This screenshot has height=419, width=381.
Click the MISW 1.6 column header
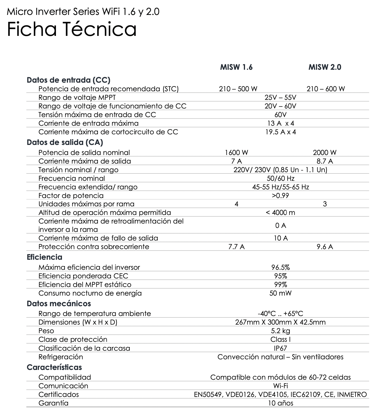pos(236,67)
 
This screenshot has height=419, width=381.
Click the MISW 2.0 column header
pos(325,67)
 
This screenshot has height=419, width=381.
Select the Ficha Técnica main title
pos(71,29)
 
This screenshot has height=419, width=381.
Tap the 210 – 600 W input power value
pos(326,89)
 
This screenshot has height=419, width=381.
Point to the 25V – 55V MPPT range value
pos(280,98)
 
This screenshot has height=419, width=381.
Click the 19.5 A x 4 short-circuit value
pos(280,132)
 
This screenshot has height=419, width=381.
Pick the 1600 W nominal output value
pos(236,153)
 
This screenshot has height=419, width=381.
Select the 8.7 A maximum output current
pos(325,161)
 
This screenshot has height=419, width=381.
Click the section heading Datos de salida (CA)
pos(65,142)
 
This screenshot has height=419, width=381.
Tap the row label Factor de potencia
pos(71,196)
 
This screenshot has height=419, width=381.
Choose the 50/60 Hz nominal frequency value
pos(280,179)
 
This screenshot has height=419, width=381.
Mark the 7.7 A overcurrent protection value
pos(236,247)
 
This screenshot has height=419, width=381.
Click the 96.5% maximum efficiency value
pos(280,267)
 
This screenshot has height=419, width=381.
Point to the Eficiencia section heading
pos(44,257)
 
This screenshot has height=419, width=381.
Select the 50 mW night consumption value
pos(280,293)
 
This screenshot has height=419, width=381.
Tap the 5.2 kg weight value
pos(280,331)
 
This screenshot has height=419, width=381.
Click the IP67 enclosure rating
pos(280,348)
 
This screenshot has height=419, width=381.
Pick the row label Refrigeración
pos(61,357)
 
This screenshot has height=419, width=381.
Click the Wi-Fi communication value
pos(280,386)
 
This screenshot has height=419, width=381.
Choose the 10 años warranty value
pos(280,403)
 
